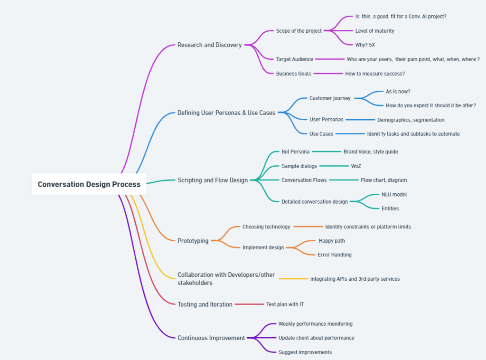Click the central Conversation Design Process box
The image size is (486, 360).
tap(89, 184)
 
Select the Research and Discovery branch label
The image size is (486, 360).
tap(209, 45)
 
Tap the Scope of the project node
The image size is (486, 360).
tap(299, 31)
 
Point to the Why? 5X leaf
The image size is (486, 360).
tap(365, 45)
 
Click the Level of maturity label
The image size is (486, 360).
tap(375, 31)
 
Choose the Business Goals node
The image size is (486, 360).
tap(293, 74)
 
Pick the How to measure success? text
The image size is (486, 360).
tap(375, 74)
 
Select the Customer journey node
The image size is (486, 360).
tap(330, 98)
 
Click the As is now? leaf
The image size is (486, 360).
tap(398, 92)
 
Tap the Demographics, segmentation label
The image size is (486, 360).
tap(411, 120)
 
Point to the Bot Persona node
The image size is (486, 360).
tap(295, 152)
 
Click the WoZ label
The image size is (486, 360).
tap(356, 166)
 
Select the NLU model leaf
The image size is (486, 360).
tap(394, 194)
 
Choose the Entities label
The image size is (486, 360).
tap(390, 208)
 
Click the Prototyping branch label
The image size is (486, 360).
tap(193, 241)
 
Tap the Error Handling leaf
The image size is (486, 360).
tap(335, 255)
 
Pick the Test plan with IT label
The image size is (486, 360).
tap(285, 304)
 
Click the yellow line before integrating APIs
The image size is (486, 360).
tap(293, 279)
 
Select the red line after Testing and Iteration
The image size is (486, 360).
tap(249, 304)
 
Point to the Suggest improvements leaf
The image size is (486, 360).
tap(305, 352)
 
